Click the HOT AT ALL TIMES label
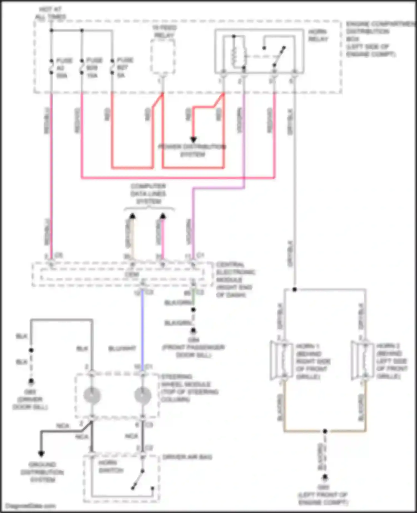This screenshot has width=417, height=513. tap(50, 13)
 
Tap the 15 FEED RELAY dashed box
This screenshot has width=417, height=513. tap(163, 56)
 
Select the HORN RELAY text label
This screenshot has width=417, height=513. tap(318, 35)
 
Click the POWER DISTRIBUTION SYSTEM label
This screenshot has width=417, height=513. tap(192, 150)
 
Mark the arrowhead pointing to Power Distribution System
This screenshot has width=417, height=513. tap(193, 140)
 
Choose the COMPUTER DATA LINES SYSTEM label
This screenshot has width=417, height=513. tap(148, 193)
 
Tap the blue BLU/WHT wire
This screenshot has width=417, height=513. tap(142, 328)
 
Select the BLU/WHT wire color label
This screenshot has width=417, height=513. tap(122, 348)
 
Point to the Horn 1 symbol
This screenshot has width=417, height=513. tap(281, 360)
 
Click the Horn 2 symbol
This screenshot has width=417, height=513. tap(362, 360)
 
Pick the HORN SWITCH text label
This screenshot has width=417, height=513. tap(111, 467)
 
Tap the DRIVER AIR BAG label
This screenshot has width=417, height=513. tap(187, 457)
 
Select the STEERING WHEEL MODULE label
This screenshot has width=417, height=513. tap(190, 388)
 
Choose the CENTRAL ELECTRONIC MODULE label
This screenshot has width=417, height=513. tap(235, 280)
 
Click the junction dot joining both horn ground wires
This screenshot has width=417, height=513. tap(325, 431)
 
